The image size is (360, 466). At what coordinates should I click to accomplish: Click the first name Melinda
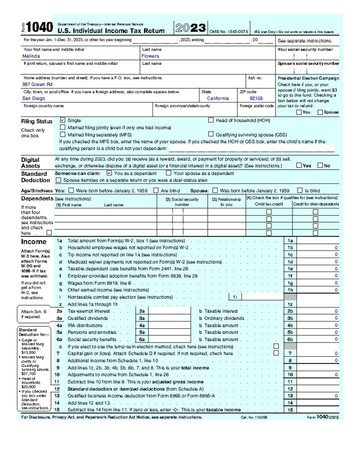click(31, 56)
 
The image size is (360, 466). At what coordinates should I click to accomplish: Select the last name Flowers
click(150, 56)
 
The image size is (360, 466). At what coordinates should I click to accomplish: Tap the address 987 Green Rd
click(37, 85)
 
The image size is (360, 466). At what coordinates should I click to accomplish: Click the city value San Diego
click(34, 98)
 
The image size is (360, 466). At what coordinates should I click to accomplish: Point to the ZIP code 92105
click(256, 98)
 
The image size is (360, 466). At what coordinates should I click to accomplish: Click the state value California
click(218, 98)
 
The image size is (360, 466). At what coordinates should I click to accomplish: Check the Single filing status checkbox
click(63, 120)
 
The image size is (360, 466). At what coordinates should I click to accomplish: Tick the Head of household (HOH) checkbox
click(211, 120)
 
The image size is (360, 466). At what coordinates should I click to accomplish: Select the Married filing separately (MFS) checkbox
click(63, 134)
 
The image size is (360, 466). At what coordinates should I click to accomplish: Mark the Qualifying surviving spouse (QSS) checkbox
click(211, 134)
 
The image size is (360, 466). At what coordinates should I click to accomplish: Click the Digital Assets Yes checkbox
click(299, 165)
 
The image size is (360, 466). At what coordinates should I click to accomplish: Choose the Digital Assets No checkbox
click(320, 165)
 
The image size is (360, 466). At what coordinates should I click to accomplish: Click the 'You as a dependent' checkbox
click(109, 173)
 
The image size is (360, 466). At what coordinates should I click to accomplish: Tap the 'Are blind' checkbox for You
click(156, 190)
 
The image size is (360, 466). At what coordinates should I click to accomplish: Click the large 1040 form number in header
click(40, 27)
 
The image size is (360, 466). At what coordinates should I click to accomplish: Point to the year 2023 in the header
click(191, 28)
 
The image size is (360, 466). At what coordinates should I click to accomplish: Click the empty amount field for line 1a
click(318, 241)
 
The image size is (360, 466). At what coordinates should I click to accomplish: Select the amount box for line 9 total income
click(318, 368)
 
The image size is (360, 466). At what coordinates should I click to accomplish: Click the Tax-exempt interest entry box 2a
click(169, 311)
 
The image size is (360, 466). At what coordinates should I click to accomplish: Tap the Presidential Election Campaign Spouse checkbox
click(320, 112)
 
